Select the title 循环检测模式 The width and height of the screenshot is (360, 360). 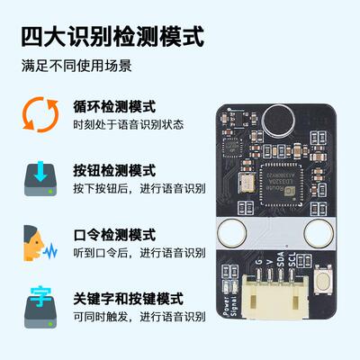(114, 106)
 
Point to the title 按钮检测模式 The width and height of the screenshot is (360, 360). (114, 170)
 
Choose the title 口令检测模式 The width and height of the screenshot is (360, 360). (114, 234)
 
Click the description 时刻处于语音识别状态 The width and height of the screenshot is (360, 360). (127, 124)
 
